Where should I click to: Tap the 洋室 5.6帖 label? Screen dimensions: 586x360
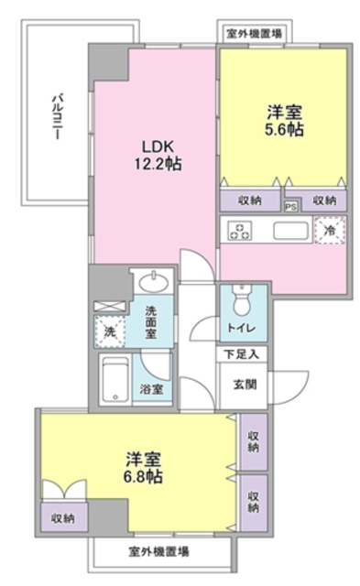(x=285, y=121)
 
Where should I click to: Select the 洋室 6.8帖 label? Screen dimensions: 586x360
(x=145, y=468)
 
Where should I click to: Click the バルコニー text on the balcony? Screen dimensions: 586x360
(x=57, y=115)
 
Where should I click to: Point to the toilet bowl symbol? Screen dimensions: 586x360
(x=242, y=299)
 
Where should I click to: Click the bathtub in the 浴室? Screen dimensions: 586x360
(x=115, y=378)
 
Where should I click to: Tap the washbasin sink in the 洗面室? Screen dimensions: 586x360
(x=148, y=280)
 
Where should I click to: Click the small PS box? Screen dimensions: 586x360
(x=291, y=206)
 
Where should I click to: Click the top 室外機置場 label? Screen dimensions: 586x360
(x=255, y=34)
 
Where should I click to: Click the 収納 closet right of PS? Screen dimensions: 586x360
(x=324, y=200)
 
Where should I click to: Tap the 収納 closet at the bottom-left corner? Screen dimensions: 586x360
(x=62, y=518)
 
